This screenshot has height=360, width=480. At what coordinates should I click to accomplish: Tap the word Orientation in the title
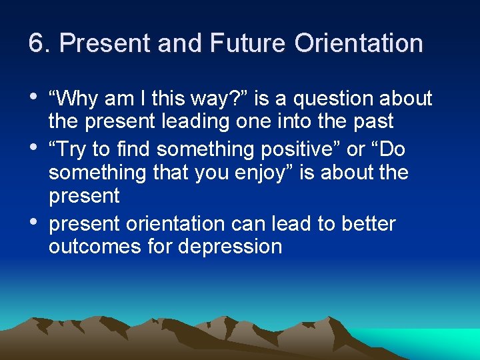pos(359,44)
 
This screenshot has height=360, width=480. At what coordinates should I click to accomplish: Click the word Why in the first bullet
pos(79,99)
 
